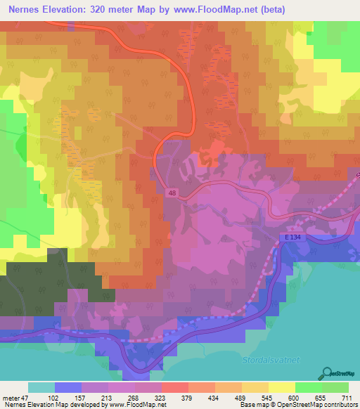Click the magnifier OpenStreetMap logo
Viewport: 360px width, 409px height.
328,374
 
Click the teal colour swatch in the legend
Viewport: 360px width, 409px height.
41,387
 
